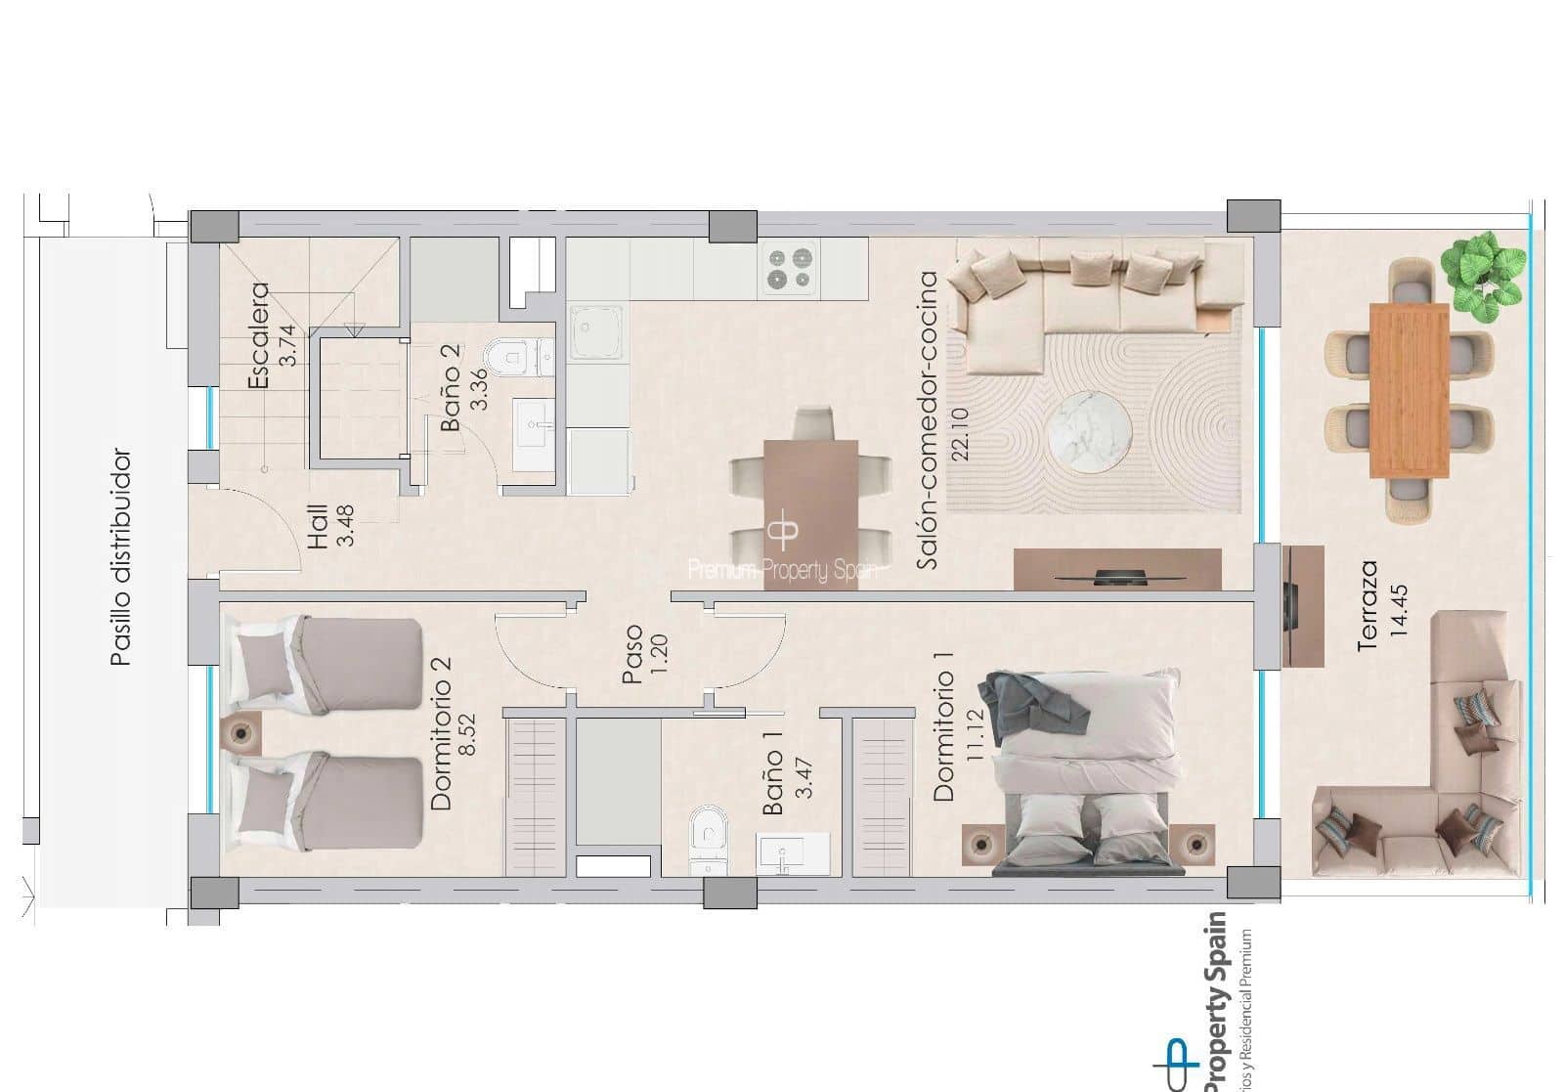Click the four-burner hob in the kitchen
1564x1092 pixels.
(x=791, y=269)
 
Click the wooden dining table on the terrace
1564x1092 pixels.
(x=1409, y=390)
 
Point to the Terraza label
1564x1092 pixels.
(x=1368, y=605)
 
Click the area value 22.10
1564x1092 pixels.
(x=961, y=433)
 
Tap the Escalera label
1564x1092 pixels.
(x=258, y=335)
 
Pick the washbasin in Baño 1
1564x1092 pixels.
(x=793, y=853)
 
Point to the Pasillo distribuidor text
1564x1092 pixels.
(x=120, y=557)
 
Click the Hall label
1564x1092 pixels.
(x=319, y=527)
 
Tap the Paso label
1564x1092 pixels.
(x=632, y=654)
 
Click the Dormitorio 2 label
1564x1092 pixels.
(x=441, y=732)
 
